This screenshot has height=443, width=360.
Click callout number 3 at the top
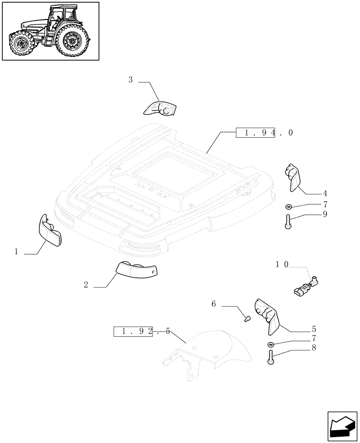click(130, 80)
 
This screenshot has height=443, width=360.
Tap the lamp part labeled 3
click(160, 108)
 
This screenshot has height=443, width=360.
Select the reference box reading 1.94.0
click(257, 132)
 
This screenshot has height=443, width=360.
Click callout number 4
click(325, 194)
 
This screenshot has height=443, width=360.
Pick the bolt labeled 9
click(287, 221)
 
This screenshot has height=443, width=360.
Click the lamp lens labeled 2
click(136, 269)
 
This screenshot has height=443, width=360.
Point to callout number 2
click(86, 285)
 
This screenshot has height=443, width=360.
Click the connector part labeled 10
click(306, 286)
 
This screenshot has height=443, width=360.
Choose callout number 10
click(282, 264)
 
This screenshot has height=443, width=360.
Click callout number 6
click(213, 304)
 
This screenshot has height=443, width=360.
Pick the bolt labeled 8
click(271, 357)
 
